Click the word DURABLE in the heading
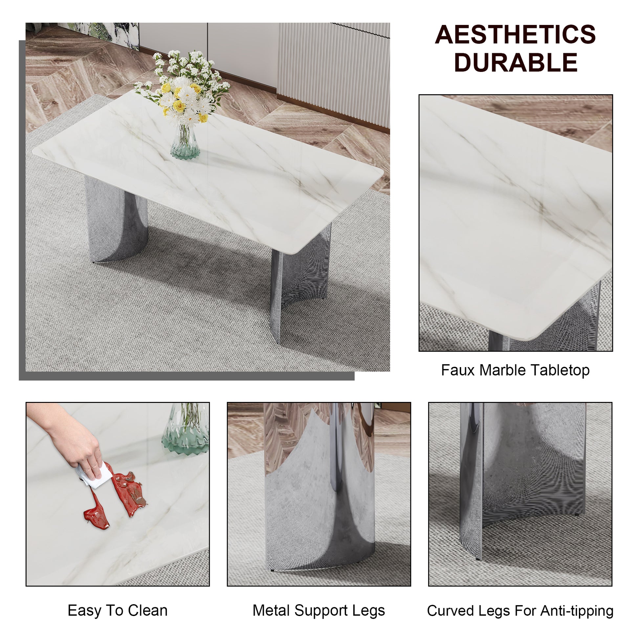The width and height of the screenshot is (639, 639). (x=516, y=63)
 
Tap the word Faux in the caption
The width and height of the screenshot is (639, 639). (x=457, y=370)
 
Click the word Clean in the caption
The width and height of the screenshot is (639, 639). (x=147, y=610)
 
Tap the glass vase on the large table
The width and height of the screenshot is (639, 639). (x=185, y=143)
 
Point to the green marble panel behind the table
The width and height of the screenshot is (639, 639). (x=106, y=33)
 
